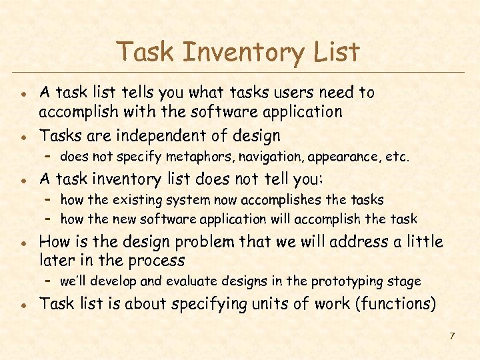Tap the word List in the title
pos(337,52)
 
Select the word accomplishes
pos(275,200)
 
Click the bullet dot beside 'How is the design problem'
pos(22,243)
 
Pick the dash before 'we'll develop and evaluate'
pos(48,281)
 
